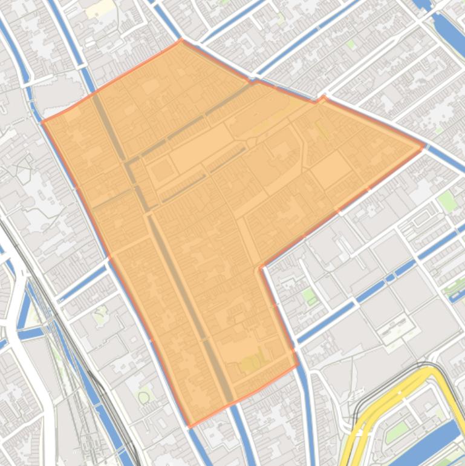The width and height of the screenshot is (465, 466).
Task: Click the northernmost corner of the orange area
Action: [181, 41]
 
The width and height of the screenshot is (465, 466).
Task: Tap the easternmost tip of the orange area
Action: [423, 146]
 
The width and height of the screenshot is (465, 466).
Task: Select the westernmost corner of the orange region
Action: [42, 122]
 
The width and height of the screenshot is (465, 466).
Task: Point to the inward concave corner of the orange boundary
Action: [261, 267]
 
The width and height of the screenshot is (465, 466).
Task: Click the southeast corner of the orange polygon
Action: [298, 365]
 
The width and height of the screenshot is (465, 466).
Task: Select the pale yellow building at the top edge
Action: [100, 8]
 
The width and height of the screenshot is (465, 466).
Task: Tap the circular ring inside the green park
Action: [144, 397]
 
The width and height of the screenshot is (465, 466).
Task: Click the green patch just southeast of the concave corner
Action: [309, 295]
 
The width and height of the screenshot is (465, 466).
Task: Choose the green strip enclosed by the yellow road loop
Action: [396, 432]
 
